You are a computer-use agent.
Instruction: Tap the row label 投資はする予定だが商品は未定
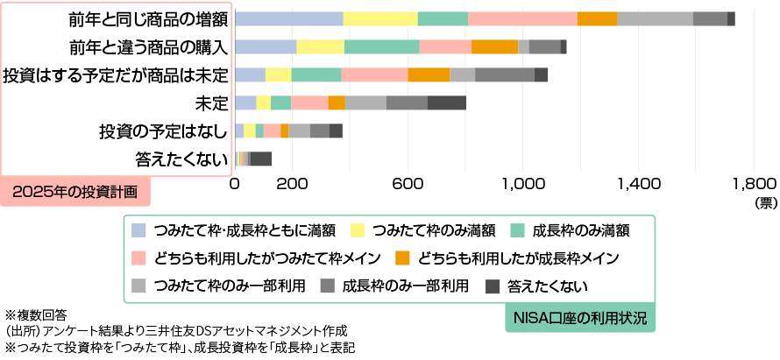(x=116, y=75)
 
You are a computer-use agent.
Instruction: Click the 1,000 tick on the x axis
(x=524, y=185)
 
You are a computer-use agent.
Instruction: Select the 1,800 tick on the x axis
(x=753, y=185)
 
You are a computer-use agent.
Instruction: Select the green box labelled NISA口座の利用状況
(x=580, y=317)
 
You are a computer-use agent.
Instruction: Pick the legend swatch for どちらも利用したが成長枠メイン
(x=403, y=258)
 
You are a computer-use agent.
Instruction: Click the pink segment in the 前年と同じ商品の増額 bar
(x=522, y=19)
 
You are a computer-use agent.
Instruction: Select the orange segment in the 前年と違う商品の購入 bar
(x=494, y=47)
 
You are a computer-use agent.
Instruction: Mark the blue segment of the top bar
(x=289, y=19)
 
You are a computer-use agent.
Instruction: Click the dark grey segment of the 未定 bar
(x=447, y=103)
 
